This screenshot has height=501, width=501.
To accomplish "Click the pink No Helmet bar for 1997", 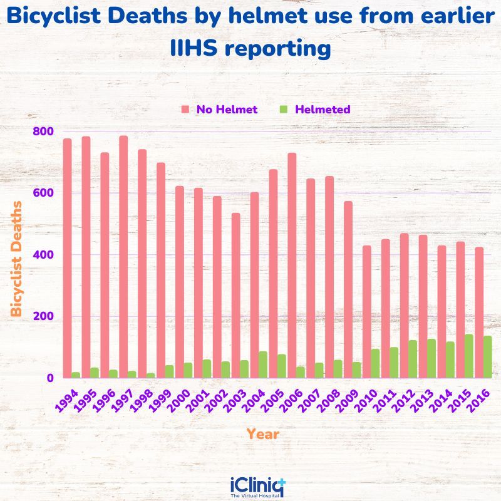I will click(123, 257).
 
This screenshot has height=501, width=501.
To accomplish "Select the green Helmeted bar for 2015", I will click(469, 356).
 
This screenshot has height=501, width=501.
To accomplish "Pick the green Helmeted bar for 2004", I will click(263, 364).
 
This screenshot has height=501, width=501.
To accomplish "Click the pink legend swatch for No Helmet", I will click(185, 110).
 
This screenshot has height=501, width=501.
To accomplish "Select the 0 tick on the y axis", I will click(48, 378).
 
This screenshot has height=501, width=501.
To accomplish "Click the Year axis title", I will click(262, 433).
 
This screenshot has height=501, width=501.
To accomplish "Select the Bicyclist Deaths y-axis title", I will click(17, 259).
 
